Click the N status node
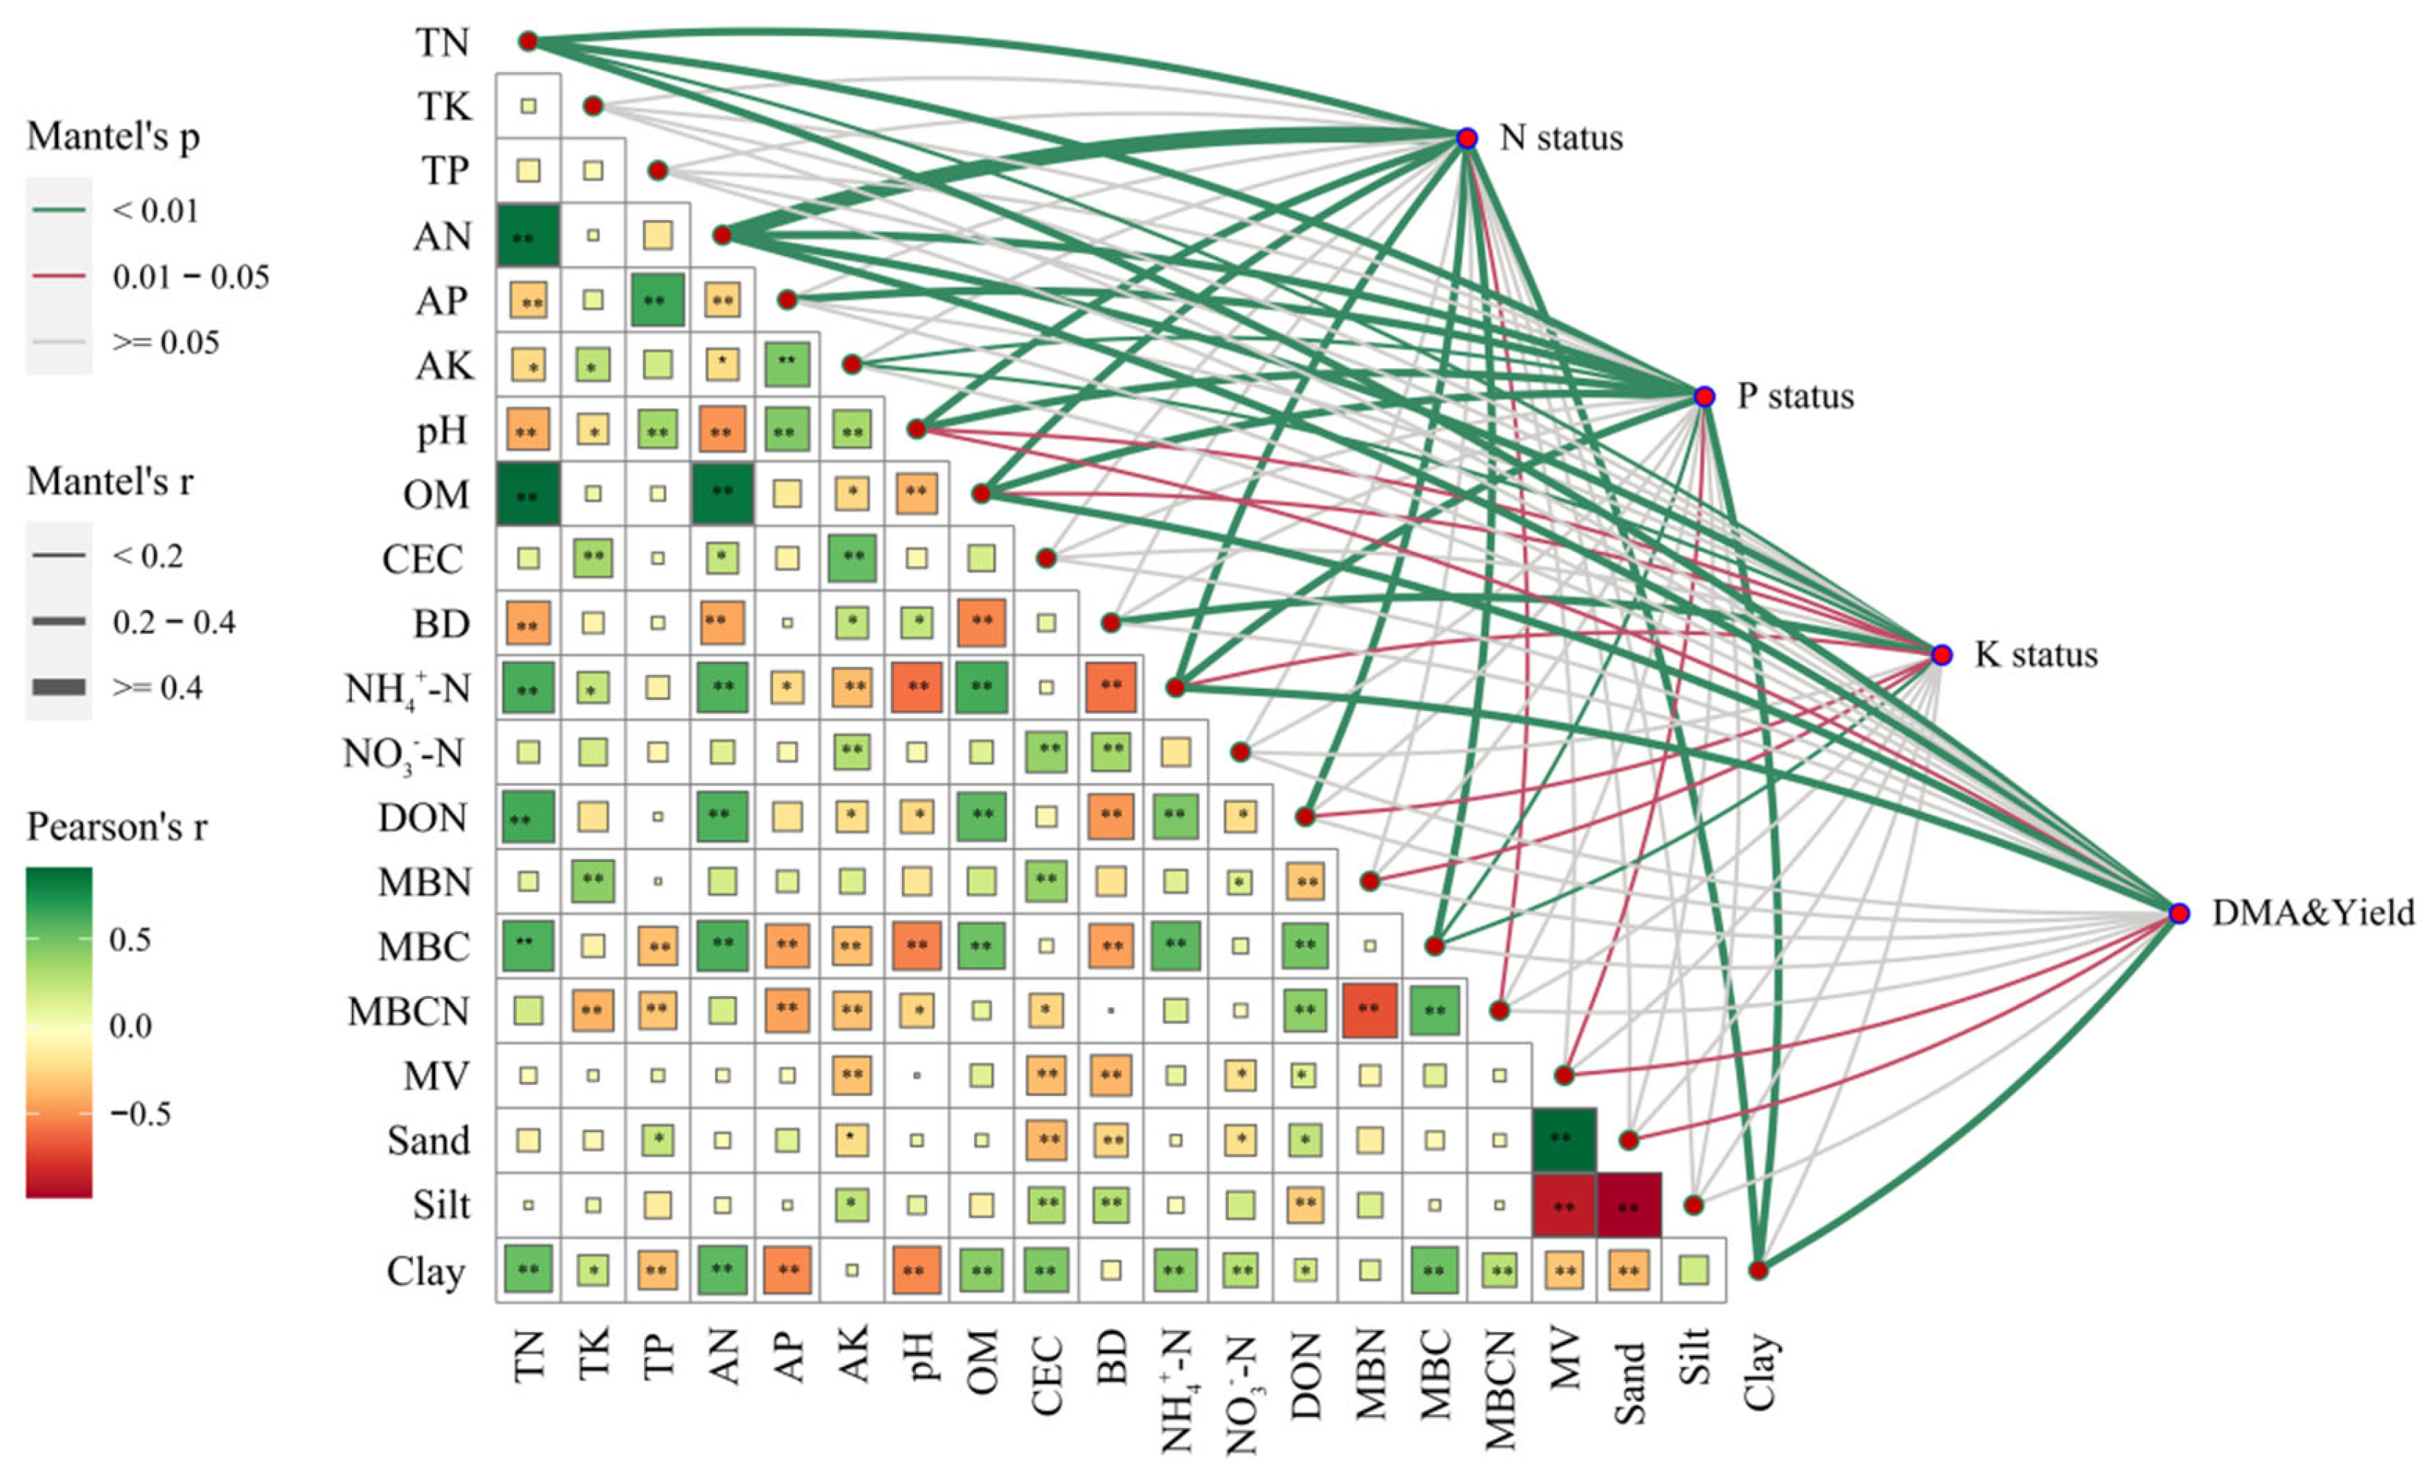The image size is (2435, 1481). (1467, 138)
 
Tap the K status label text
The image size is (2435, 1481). (2036, 655)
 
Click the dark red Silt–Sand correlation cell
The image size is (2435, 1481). (1629, 1206)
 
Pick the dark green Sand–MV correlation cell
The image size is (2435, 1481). (1563, 1140)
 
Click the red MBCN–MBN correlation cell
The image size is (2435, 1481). (1370, 1011)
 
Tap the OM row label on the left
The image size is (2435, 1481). (436, 494)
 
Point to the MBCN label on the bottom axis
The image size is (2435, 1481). (1500, 1389)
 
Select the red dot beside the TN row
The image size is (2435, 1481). (528, 41)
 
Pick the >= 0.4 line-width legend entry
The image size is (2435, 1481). (158, 688)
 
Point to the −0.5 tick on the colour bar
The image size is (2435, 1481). (139, 1114)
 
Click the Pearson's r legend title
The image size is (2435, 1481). (116, 827)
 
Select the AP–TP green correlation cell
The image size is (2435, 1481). (658, 300)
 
